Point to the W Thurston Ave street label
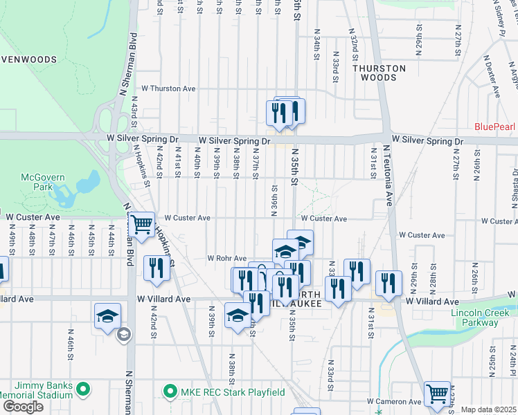point(169,89)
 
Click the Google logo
point(22,406)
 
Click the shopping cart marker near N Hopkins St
point(142,224)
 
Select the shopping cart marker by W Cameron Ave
point(437,394)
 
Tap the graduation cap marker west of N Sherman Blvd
point(108,316)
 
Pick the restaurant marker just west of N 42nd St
point(157,268)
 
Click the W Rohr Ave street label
point(227,258)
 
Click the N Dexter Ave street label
point(492,77)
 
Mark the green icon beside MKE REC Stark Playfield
point(169,392)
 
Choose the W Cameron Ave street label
point(394,401)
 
